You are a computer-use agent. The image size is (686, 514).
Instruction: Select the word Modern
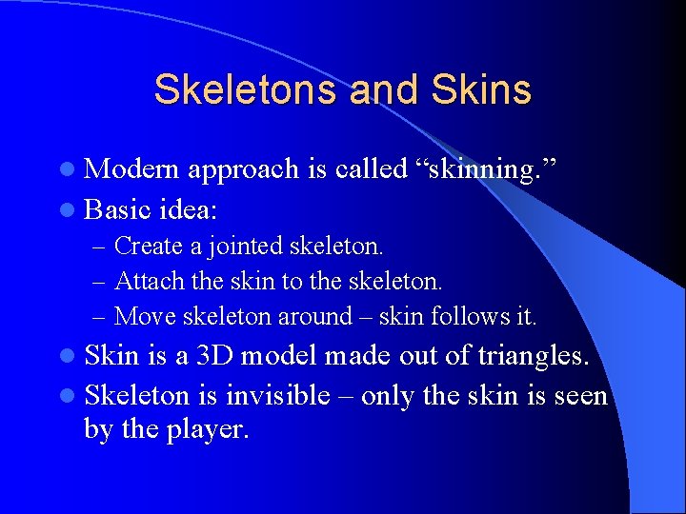tap(132, 169)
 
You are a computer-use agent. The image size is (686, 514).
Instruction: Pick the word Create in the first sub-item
tap(148, 247)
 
